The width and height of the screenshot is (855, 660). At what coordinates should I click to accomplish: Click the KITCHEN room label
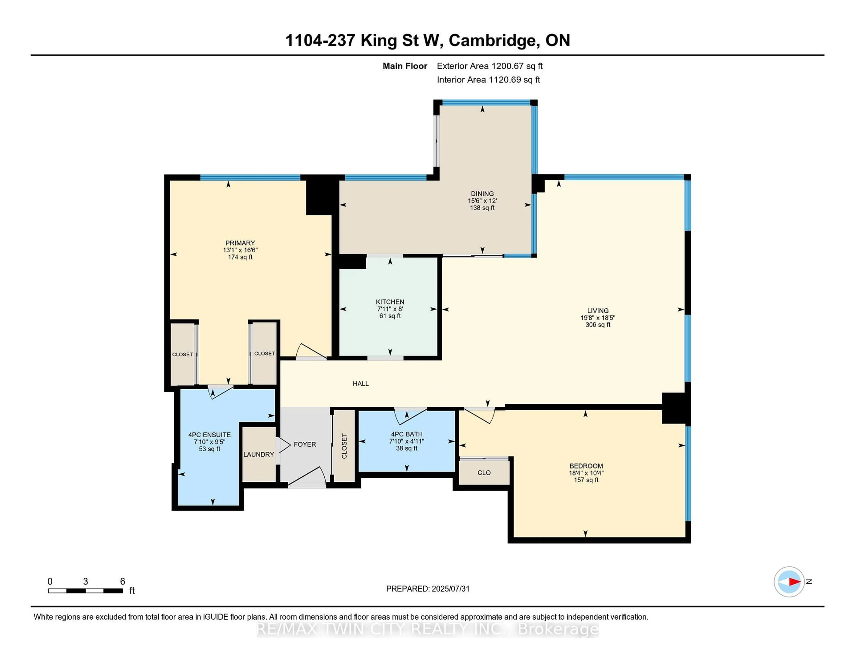390,302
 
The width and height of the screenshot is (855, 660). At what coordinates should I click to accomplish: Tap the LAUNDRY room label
258,454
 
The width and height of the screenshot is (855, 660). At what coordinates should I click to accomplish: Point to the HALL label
360,384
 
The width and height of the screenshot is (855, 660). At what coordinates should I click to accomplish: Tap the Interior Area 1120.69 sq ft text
488,80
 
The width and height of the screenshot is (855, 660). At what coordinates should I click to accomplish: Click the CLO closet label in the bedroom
484,473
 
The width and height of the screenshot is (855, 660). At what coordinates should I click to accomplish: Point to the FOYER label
305,444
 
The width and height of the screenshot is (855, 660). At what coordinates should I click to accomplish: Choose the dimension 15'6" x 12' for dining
482,201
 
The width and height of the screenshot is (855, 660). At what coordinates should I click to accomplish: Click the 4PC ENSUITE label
210,435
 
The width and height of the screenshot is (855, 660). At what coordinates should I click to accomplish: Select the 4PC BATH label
407,434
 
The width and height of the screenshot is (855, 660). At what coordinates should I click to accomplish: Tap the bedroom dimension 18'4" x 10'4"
586,473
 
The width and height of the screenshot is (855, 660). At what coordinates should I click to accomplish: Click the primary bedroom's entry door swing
310,352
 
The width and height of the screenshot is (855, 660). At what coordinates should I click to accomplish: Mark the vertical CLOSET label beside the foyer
344,446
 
